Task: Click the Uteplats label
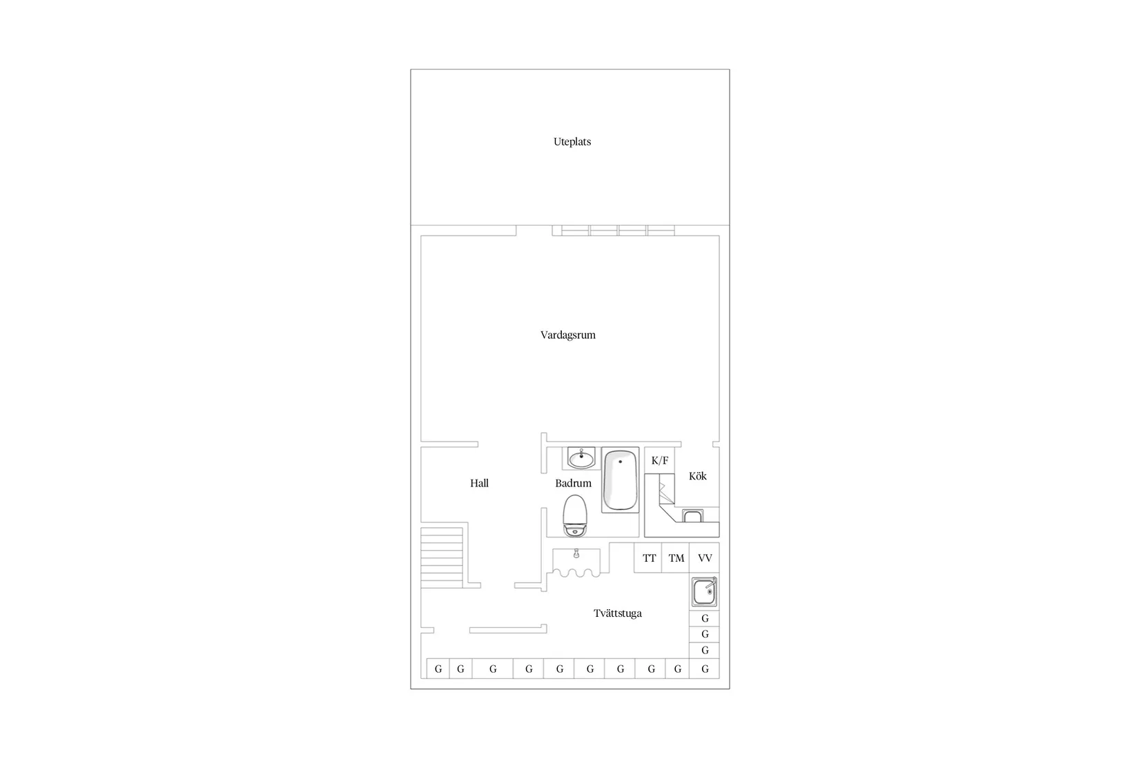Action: [x=572, y=142]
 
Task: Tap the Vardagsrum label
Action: [x=567, y=335]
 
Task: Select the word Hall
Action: [x=479, y=484]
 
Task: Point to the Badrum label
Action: [x=573, y=484]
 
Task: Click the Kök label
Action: [x=697, y=476]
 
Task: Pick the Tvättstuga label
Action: [x=617, y=613]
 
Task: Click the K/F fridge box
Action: [x=659, y=460]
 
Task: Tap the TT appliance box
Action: [x=649, y=558]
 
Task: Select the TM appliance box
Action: [x=676, y=558]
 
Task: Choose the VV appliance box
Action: [x=705, y=558]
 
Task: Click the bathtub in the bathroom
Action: [x=620, y=480]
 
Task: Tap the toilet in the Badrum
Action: [x=575, y=515]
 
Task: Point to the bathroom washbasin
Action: [x=581, y=457]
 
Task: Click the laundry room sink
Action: [x=705, y=592]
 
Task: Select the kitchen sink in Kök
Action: [x=692, y=516]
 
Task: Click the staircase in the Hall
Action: [x=442, y=557]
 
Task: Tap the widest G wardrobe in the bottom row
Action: [x=492, y=669]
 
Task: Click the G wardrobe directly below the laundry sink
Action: [x=705, y=618]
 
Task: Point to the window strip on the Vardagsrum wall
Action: [x=618, y=230]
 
